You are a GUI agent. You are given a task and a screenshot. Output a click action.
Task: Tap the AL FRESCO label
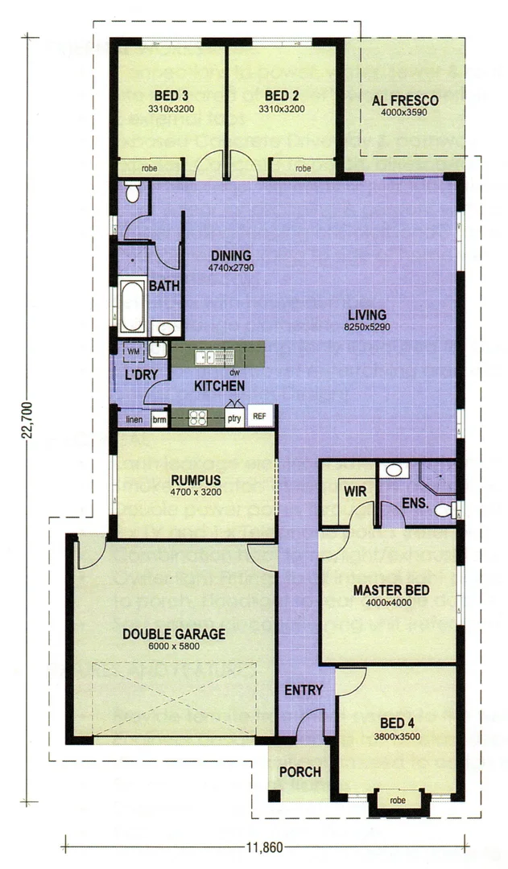tap(405, 101)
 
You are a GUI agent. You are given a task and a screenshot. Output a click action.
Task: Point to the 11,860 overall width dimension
tap(266, 846)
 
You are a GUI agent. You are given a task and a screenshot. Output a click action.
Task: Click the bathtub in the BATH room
tap(132, 306)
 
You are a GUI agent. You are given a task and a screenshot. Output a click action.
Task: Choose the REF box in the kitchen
tap(259, 417)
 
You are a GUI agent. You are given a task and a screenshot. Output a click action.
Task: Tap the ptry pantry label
tap(233, 418)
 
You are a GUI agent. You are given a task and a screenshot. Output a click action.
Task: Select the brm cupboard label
tap(159, 419)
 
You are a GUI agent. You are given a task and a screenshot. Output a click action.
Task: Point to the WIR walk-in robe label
tap(355, 491)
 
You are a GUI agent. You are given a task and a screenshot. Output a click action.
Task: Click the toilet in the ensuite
tap(444, 509)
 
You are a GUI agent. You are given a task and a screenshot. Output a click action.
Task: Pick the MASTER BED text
tap(390, 591)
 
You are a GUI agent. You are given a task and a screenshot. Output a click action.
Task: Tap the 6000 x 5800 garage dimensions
tap(174, 646)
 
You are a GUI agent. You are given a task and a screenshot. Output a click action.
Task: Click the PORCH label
tap(299, 772)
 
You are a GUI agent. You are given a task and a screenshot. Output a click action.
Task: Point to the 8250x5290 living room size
tap(366, 327)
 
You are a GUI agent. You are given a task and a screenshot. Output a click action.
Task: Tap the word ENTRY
tap(304, 690)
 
